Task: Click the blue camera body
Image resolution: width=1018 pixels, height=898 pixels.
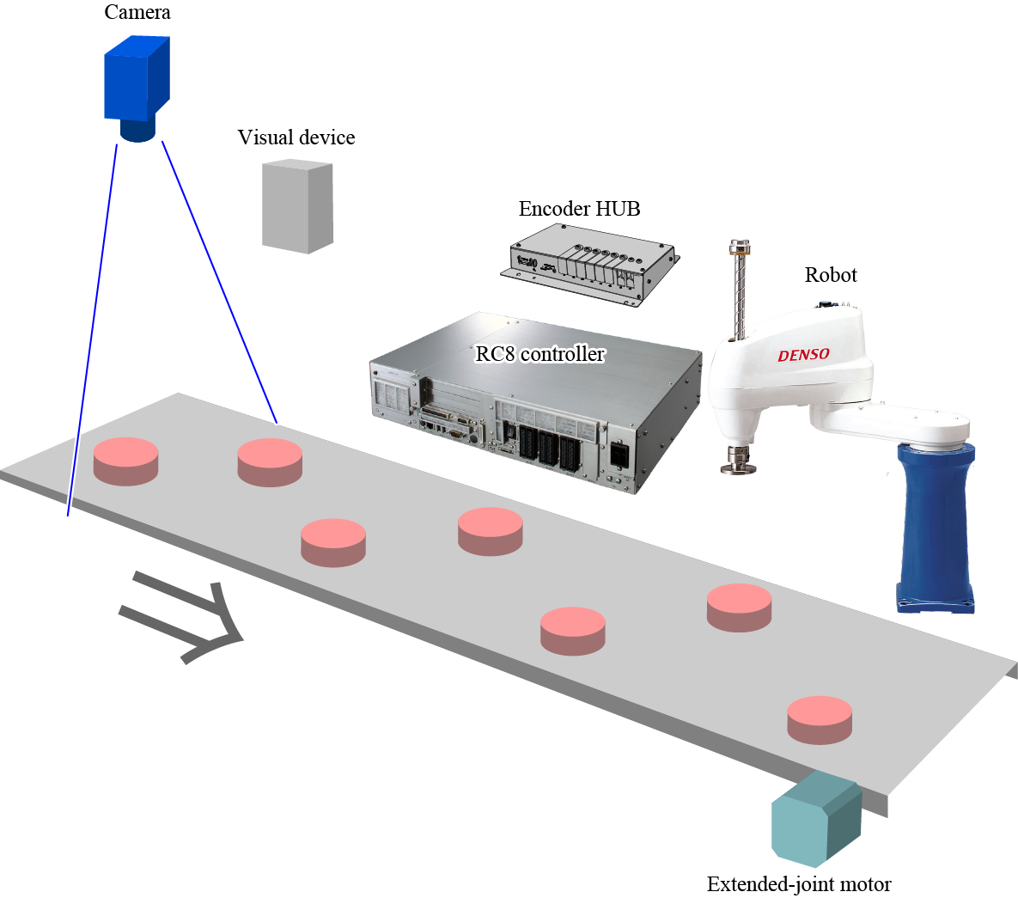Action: coord(136,79)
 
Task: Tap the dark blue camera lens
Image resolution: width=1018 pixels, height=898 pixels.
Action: coord(137,130)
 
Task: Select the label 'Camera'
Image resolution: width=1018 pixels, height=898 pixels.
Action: coord(137,12)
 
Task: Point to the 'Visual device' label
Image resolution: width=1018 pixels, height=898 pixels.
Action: coord(296,137)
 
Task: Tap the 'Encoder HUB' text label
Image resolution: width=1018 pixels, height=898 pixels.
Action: coord(579,209)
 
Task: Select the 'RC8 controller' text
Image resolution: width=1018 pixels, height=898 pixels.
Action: coord(540,354)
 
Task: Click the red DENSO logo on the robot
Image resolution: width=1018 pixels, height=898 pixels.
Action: coord(803,355)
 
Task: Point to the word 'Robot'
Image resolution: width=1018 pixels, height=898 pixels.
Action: coord(831,275)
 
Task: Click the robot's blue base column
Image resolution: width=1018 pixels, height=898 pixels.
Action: coord(935,524)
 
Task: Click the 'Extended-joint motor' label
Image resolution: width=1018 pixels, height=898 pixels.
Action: coord(799,884)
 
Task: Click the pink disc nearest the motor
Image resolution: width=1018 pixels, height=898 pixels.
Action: coord(820,719)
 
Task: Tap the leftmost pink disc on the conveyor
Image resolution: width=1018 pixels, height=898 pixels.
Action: coord(126,461)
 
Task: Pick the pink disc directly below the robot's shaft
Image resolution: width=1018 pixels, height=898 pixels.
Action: coord(739,607)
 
